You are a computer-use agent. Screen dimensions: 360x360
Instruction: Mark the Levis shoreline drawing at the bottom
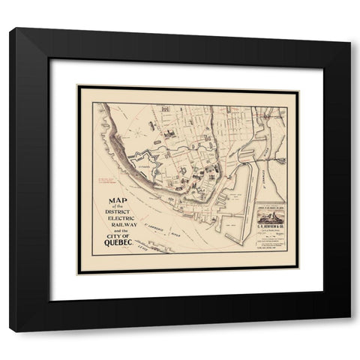(161, 247)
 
